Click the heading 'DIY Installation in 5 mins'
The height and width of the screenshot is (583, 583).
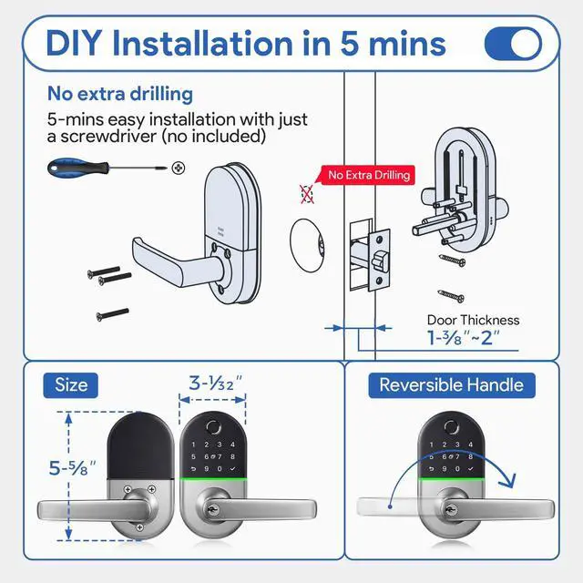pyautogui.click(x=245, y=43)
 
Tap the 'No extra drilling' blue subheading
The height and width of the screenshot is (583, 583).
pyautogui.click(x=119, y=93)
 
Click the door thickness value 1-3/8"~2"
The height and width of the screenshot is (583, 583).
pyautogui.click(x=465, y=339)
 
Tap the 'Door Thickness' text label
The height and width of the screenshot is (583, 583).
pyautogui.click(x=473, y=320)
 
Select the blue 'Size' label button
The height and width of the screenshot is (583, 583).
pyautogui.click(x=71, y=384)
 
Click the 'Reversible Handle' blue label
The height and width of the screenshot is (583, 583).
pyautogui.click(x=451, y=384)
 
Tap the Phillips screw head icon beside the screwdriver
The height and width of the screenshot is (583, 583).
pyautogui.click(x=179, y=168)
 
